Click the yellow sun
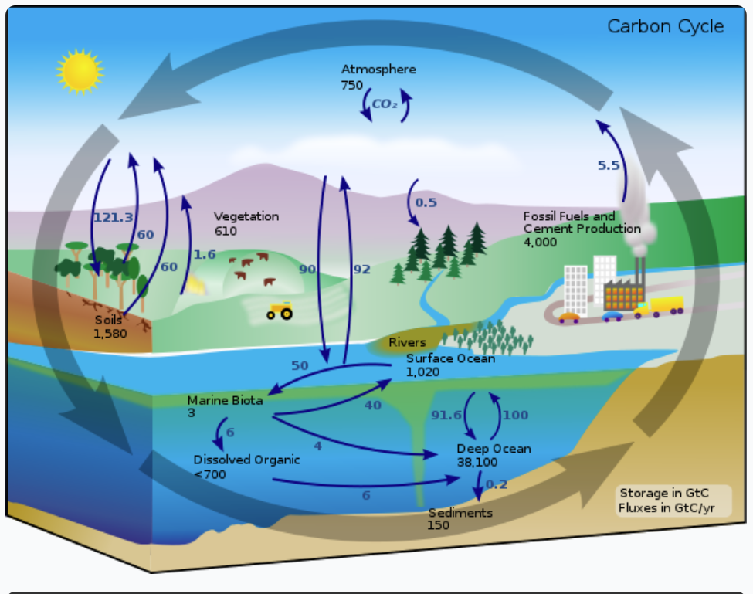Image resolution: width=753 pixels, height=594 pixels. (80, 71)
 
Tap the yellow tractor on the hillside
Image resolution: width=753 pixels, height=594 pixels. (280, 311)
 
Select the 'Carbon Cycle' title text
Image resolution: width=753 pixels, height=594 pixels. (665, 26)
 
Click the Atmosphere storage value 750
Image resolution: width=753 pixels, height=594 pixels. (352, 85)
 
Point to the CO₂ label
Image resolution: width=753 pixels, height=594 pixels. (385, 104)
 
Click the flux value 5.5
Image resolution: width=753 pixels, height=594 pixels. (609, 165)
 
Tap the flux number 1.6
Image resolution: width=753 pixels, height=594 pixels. (205, 254)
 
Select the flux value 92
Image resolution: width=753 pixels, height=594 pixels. (361, 270)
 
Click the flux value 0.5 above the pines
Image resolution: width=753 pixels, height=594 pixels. (426, 203)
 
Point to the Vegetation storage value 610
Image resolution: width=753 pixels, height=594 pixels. (226, 230)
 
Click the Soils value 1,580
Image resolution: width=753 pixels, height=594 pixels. (110, 334)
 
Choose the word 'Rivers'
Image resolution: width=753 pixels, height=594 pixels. (407, 342)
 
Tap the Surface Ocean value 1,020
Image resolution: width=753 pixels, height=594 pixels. (422, 372)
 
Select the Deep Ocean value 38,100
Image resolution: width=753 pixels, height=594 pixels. (477, 462)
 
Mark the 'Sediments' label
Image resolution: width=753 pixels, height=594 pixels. (460, 512)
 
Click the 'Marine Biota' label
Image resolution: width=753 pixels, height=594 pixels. (225, 400)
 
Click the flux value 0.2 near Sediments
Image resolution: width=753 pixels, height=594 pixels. (497, 484)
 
